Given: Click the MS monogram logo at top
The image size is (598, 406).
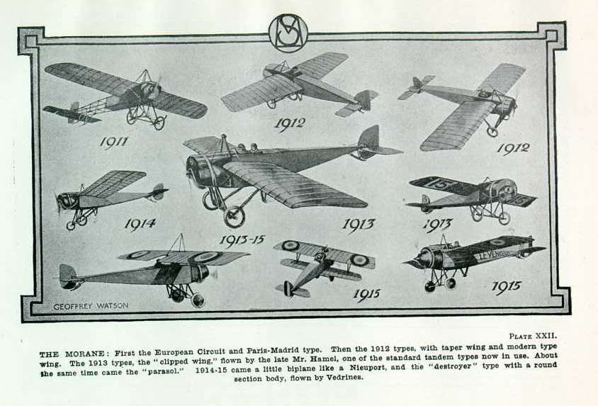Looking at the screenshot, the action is tap(288, 33).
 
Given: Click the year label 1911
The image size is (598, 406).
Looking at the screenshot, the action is tap(114, 142).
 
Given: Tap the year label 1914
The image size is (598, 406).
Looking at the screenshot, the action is tap(140, 224).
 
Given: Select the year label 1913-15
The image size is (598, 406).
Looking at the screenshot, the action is tap(242, 240).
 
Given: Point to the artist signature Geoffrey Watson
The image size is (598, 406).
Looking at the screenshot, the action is tap(91, 306).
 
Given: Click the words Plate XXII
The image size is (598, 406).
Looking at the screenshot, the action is tap(533, 336).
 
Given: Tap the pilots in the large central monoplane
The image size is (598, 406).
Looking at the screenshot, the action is tap(247, 148).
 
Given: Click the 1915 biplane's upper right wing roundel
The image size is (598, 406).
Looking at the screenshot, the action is tap(359, 260).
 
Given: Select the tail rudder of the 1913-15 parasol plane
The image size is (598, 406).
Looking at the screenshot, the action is tap(68, 275).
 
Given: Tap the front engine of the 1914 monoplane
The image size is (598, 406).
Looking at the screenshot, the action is tap(67, 201).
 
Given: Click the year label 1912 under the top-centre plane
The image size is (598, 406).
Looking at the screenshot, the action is tap(290, 124).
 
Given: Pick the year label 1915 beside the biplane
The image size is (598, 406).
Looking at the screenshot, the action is tap(366, 294).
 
